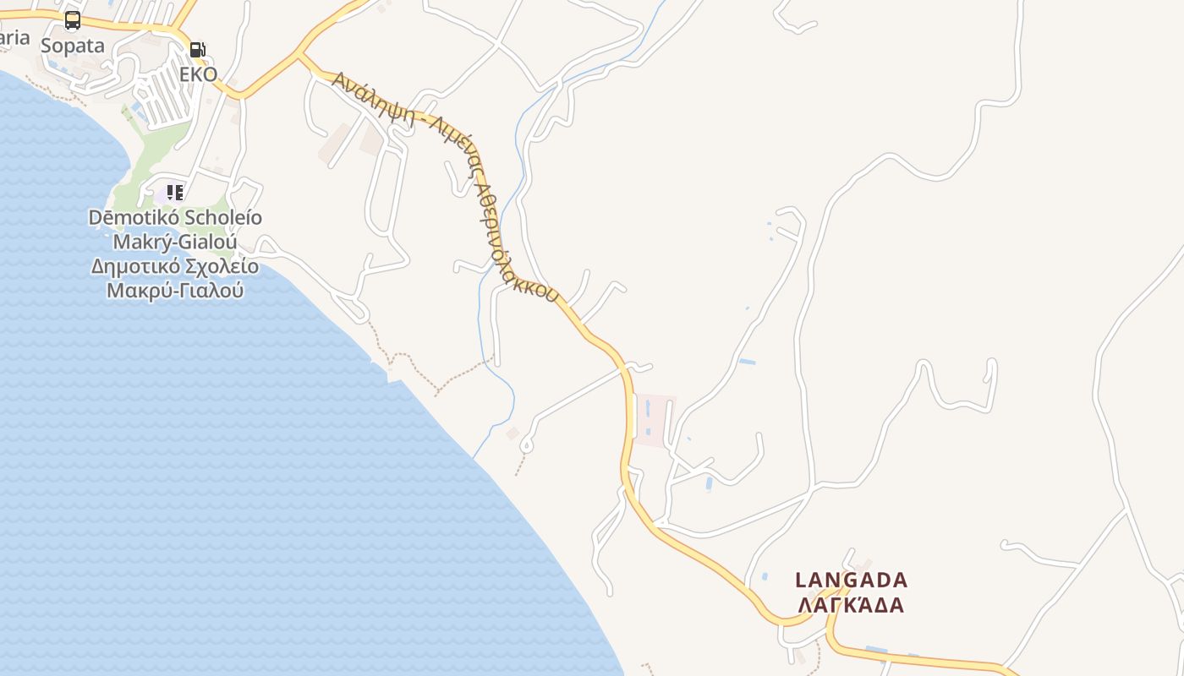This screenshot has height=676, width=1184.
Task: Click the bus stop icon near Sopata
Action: click(73, 20)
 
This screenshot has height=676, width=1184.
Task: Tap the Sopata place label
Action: click(73, 46)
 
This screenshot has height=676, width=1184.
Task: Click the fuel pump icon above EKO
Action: click(197, 50)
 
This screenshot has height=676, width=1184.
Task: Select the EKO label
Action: click(198, 74)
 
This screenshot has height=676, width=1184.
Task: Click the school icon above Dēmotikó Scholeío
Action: click(175, 193)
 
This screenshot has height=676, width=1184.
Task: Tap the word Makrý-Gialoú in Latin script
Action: click(175, 243)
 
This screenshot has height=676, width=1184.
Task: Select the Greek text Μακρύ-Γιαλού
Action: click(175, 291)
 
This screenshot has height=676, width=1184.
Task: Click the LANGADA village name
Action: click(851, 581)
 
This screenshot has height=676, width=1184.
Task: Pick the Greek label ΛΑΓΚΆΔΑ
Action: click(851, 605)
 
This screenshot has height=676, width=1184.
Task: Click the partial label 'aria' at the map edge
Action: click(14, 38)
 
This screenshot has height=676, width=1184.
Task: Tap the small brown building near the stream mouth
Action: click(513, 433)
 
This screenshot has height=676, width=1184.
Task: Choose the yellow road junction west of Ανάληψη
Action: click(298, 57)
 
